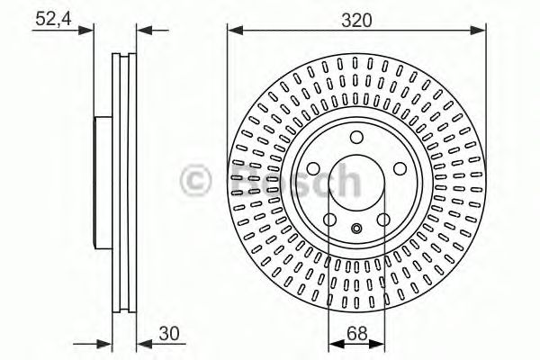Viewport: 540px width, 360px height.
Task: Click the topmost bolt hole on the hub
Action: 355,137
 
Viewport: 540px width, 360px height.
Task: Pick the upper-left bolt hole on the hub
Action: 313,168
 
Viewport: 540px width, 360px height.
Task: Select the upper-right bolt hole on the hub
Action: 398,168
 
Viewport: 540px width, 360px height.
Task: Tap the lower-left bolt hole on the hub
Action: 329,219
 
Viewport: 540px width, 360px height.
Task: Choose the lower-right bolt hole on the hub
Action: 382,219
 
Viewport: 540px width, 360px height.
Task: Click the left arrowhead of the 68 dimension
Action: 332,343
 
